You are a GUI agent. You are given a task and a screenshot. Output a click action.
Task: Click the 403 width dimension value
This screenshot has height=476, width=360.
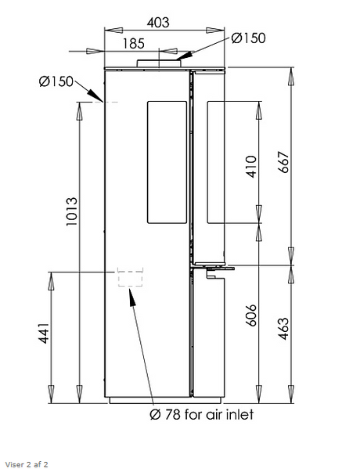[x=158, y=23]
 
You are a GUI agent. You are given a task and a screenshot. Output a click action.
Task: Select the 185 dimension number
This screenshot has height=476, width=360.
[x=134, y=43]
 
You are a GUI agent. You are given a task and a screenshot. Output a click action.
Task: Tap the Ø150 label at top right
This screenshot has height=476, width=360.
[x=248, y=38]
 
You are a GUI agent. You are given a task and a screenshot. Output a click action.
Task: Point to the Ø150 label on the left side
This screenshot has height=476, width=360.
[x=56, y=81]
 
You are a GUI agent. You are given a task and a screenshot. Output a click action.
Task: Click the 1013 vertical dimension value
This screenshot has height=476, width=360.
[x=72, y=211]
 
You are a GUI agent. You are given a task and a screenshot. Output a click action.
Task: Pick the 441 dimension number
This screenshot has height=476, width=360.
[x=44, y=334]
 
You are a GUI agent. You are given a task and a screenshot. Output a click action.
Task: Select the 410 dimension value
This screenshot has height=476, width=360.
[x=251, y=167]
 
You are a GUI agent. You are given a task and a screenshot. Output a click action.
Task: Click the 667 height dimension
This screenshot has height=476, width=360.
[x=284, y=162]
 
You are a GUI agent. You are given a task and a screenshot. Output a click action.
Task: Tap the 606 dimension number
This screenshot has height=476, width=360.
[x=251, y=316]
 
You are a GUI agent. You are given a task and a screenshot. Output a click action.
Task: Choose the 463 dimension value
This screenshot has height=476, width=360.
[x=283, y=329]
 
